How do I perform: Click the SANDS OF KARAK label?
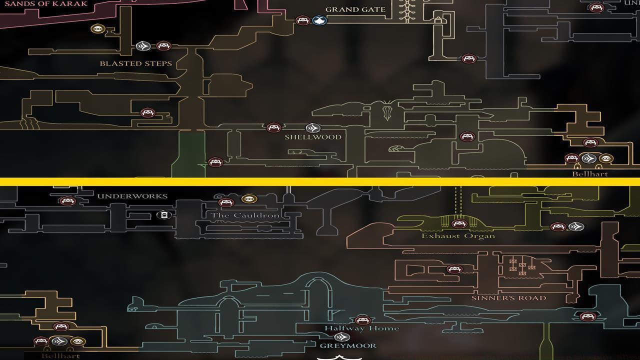click(x=46, y=3)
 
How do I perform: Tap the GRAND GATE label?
click(x=355, y=9)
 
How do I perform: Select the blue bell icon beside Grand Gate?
click(x=319, y=20)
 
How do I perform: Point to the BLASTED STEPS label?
click(x=135, y=63)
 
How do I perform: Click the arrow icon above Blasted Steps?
click(x=143, y=46)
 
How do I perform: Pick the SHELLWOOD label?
click(x=313, y=137)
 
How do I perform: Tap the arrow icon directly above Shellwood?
click(x=312, y=128)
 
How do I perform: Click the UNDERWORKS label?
click(x=132, y=196)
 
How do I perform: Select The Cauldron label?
click(x=244, y=215)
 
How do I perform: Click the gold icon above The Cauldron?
click(x=249, y=199)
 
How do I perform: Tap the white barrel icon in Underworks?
click(x=163, y=215)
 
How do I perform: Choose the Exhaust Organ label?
click(x=458, y=235)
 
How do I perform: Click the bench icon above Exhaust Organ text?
click(x=458, y=223)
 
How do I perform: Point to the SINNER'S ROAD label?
click(x=508, y=298)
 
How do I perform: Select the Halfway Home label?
click(x=361, y=328)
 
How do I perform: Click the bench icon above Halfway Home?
click(x=362, y=320)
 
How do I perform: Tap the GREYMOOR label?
click(x=348, y=345)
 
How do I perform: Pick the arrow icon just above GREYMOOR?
click(x=342, y=337)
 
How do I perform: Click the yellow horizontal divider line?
click(x=320, y=181)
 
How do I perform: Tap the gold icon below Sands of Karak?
click(x=97, y=29)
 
